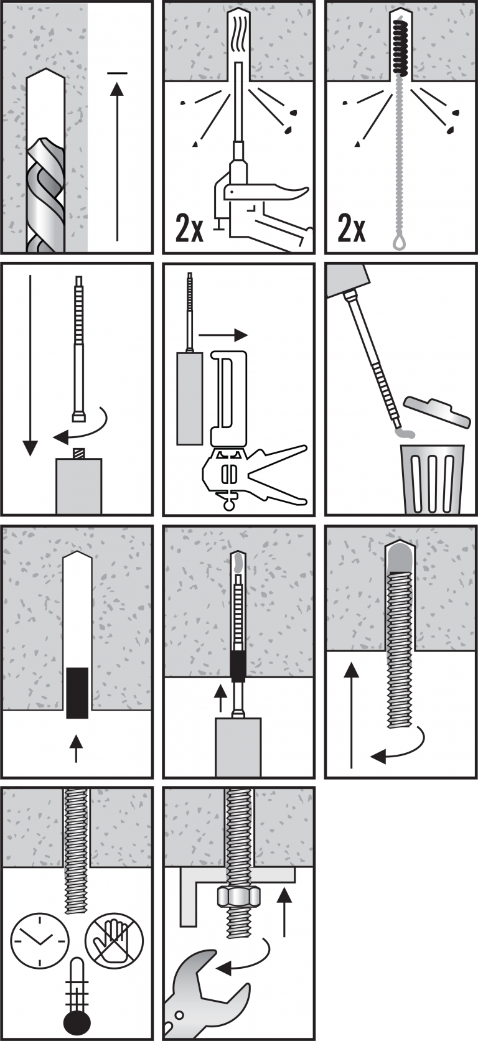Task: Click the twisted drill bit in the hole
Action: click(x=45, y=193)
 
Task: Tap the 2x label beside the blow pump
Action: click(x=189, y=228)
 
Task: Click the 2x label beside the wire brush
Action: click(x=352, y=228)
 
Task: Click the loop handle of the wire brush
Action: click(x=399, y=241)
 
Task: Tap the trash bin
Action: click(x=433, y=478)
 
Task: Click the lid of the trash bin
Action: click(x=436, y=410)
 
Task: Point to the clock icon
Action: click(x=39, y=940)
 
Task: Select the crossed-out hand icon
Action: click(x=115, y=940)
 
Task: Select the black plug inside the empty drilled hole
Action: click(x=77, y=692)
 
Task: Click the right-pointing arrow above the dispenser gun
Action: click(x=223, y=335)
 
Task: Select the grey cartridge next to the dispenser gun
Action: click(x=189, y=398)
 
